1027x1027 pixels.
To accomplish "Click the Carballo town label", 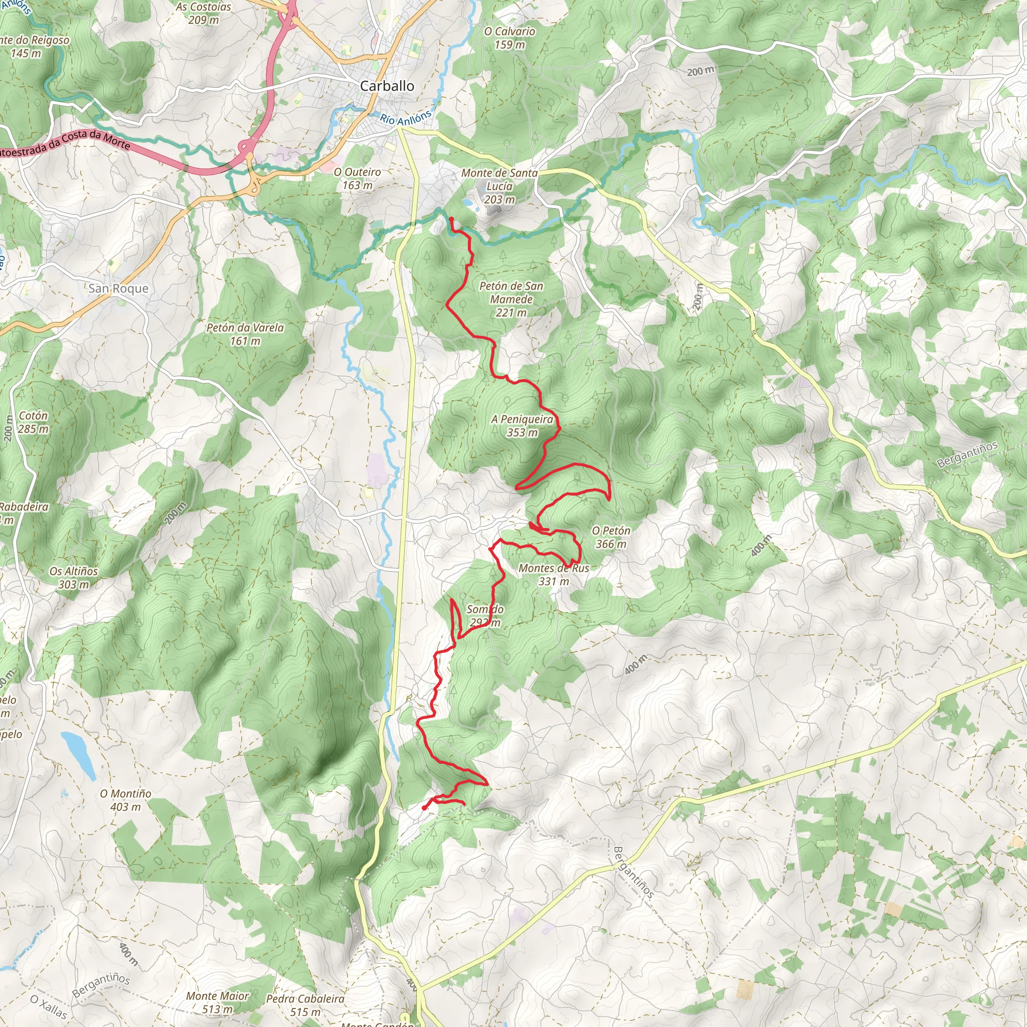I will pos(387,86).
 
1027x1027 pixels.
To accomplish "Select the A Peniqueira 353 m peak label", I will pos(522,426).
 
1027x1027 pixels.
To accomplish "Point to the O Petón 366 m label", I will pos(611,537).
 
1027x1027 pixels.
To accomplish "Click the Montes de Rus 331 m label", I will pos(554,575).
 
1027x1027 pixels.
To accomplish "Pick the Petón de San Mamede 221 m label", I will pos(511,299).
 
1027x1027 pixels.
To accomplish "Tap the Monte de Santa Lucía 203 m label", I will pos(499,186).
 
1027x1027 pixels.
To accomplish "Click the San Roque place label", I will pos(118,288).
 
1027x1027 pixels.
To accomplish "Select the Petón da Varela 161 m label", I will pos(245,334).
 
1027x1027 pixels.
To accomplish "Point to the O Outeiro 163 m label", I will pos(357,179).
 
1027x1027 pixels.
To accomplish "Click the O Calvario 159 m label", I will pos(509,38).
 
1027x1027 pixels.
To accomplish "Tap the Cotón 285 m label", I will pos(33,422).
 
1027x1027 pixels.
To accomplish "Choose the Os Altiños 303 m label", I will pos(73,577).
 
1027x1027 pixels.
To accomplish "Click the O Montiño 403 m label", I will pos(125,800).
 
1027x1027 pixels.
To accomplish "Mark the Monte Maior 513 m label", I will pos(218,1002).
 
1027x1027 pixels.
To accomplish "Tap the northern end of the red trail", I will pos(451,219).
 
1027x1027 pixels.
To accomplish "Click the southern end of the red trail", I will pos(424,808).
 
